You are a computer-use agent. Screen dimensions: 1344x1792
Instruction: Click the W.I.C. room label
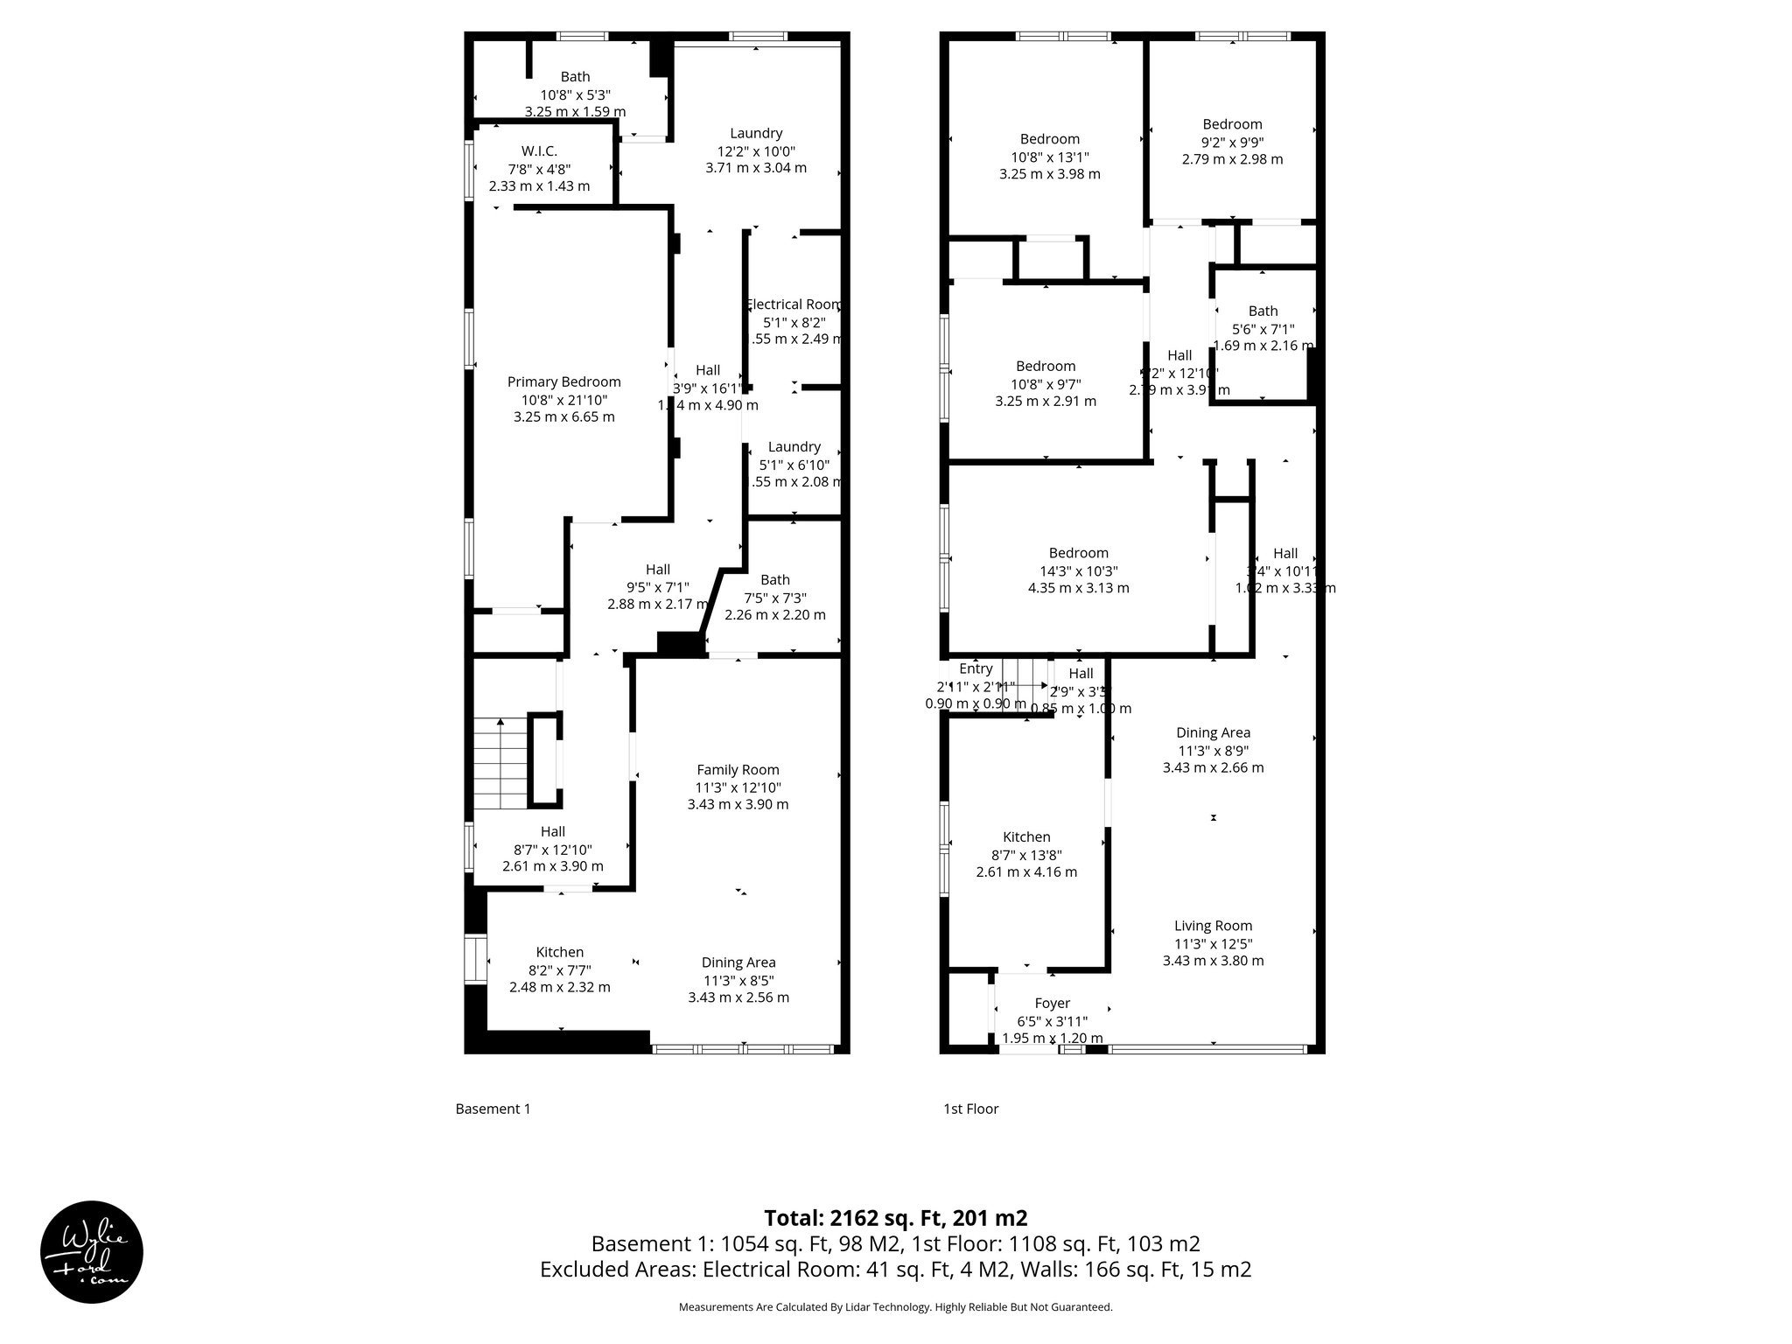(x=539, y=151)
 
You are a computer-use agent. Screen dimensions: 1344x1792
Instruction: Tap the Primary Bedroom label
(x=564, y=381)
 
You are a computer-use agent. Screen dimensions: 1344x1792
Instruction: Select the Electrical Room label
(x=794, y=304)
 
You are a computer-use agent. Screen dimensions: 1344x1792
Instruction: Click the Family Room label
(x=738, y=770)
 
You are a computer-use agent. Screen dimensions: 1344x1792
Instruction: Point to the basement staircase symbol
(x=501, y=764)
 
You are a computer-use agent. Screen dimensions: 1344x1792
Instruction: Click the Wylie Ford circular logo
(x=92, y=1251)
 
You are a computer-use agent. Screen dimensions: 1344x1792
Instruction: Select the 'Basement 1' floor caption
(x=493, y=1109)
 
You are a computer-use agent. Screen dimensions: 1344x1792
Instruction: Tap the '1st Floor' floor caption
(x=970, y=1109)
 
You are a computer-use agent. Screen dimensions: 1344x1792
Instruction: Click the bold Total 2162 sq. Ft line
(x=895, y=1218)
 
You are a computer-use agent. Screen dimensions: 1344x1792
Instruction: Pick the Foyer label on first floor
(x=1053, y=1003)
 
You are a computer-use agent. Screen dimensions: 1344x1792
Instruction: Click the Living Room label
(x=1213, y=926)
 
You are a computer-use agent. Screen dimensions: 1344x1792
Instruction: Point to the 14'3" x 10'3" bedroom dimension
(x=1078, y=570)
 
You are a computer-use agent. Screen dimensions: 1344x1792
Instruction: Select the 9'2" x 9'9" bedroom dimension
(x=1232, y=142)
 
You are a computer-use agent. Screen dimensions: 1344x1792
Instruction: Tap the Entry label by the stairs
(x=976, y=668)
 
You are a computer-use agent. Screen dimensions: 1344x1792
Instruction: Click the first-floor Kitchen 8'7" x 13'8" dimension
(x=1026, y=855)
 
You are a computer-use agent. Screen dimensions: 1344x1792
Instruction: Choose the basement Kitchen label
(x=560, y=952)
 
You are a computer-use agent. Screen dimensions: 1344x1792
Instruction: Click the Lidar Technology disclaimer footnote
(x=895, y=1307)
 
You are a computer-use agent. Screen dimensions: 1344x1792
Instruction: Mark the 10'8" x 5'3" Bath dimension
(x=575, y=94)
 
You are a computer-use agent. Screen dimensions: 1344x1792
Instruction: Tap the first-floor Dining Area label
(x=1213, y=732)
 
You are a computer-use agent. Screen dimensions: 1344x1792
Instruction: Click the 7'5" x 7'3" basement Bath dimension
(x=774, y=598)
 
